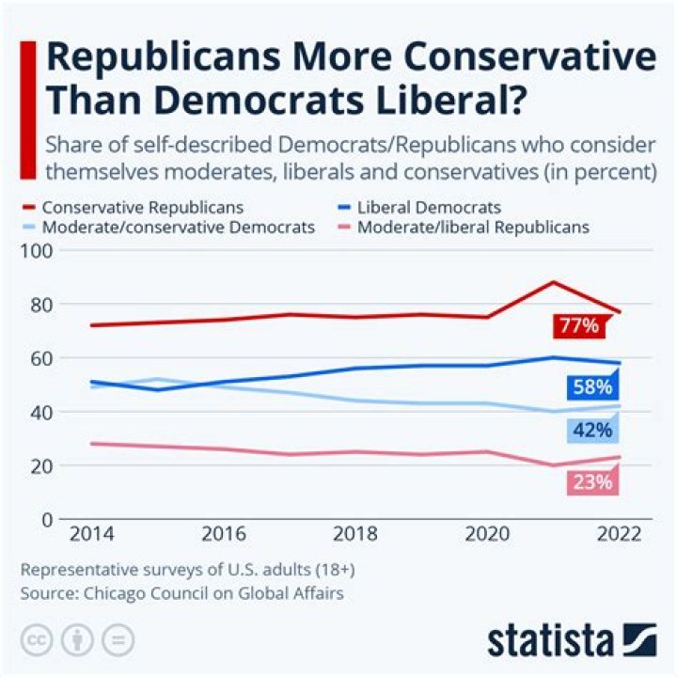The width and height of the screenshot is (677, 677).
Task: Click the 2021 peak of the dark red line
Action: point(553,282)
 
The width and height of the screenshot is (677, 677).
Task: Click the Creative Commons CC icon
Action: point(37,639)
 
